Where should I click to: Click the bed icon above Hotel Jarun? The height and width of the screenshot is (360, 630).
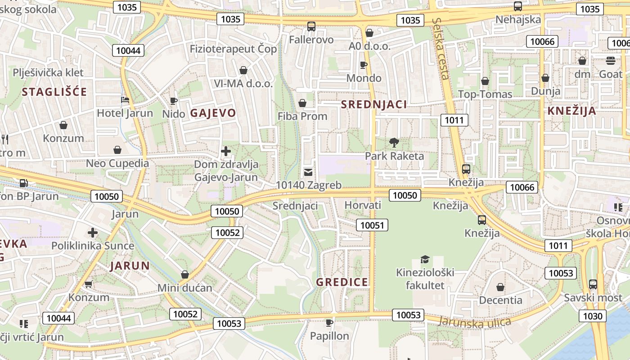point(125,99)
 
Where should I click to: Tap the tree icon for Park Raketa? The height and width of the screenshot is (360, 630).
point(394,143)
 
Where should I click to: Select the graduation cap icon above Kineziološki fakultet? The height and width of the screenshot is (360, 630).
point(425,259)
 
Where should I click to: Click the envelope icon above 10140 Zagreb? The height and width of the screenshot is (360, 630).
point(308,171)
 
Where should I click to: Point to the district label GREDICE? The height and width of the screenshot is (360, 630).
point(342,282)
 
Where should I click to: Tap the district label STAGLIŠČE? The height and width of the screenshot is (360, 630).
point(54,92)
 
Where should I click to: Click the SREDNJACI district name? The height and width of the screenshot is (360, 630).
point(373,104)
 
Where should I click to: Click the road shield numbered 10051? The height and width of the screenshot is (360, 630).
point(372,225)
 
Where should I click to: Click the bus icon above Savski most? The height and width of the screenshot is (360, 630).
point(593,284)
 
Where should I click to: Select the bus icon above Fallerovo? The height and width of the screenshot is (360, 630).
point(311,26)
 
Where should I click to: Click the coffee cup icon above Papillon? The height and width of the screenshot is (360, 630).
point(329,322)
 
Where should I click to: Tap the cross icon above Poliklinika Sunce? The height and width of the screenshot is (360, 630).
point(93,233)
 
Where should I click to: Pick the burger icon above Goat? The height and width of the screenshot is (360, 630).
point(611,60)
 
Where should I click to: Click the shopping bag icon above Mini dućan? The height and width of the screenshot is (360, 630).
point(184,274)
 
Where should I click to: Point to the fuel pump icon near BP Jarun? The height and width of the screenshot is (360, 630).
point(23,183)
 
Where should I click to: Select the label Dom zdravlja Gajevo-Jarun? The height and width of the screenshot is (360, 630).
point(226,171)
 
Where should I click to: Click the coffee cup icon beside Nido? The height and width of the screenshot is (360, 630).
point(174,101)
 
